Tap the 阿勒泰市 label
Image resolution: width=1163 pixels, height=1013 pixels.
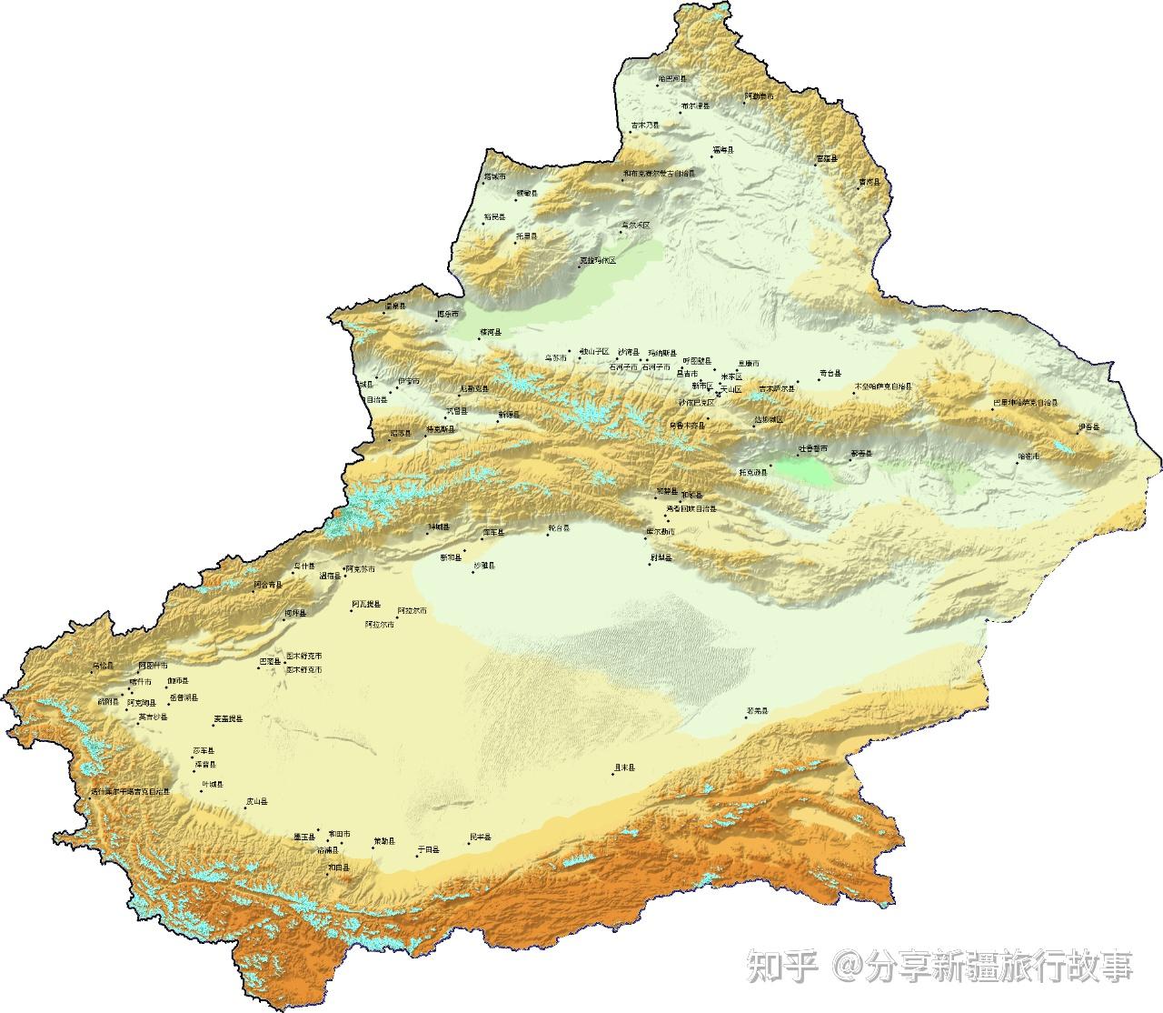click(x=760, y=95)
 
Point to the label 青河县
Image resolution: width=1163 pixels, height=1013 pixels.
click(x=870, y=182)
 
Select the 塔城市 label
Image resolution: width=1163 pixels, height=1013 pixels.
click(x=496, y=176)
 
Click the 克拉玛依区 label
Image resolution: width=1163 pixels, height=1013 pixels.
click(x=598, y=261)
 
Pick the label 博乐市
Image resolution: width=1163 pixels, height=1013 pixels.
click(x=448, y=314)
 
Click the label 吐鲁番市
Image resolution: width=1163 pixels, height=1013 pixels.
click(x=813, y=448)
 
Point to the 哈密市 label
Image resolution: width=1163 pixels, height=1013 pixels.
click(x=1029, y=456)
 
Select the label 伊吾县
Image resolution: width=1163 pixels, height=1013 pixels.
click(x=1088, y=426)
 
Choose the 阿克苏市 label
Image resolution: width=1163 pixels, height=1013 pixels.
click(x=360, y=569)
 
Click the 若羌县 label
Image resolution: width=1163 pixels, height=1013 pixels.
click(x=757, y=710)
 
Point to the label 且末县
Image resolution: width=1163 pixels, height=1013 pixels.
click(x=624, y=767)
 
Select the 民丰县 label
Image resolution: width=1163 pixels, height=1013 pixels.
click(x=480, y=837)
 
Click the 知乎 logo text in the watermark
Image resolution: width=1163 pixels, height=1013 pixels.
click(x=782, y=967)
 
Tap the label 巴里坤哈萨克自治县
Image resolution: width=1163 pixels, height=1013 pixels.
click(x=1026, y=401)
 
